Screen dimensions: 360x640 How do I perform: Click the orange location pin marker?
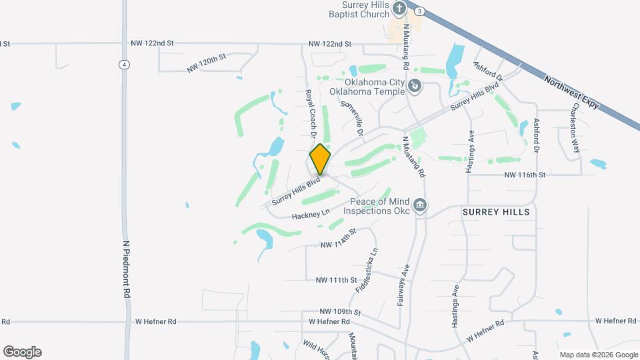(x=320, y=159)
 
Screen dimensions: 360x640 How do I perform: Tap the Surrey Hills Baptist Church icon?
(x=399, y=9)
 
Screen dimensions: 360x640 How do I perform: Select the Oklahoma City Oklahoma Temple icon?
(x=415, y=86)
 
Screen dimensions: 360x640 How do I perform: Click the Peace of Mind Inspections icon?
(x=420, y=205)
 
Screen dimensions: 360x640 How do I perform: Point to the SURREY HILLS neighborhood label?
(x=496, y=212)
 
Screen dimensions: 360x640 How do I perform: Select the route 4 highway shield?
(x=124, y=64)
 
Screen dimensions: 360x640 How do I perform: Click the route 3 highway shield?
(x=419, y=11)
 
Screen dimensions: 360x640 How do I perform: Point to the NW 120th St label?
(x=207, y=63)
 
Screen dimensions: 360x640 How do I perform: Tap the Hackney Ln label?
(x=311, y=214)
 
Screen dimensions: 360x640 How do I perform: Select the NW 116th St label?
(x=525, y=174)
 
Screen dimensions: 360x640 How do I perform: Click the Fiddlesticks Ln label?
(x=367, y=271)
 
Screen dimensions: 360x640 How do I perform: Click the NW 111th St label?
(x=337, y=280)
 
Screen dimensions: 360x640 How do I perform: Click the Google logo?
(x=22, y=352)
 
